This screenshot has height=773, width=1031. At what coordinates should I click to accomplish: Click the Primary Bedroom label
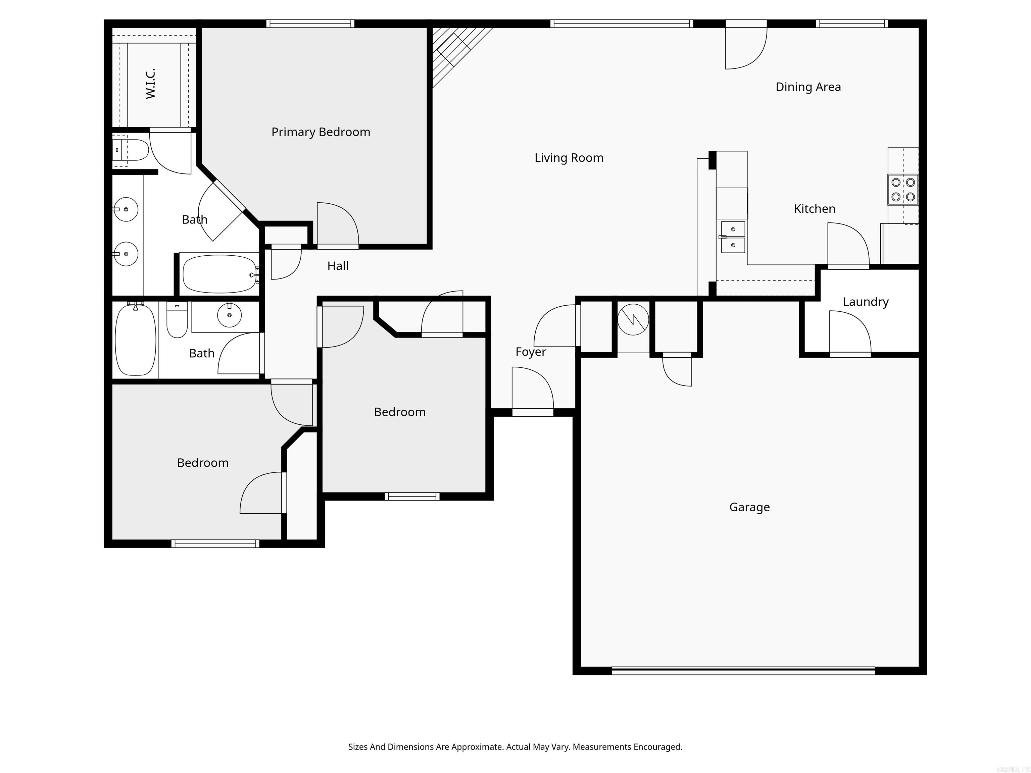coord(321,132)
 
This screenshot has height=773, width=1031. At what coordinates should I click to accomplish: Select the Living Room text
coord(569,158)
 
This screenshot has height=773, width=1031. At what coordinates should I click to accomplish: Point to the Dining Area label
coord(808,87)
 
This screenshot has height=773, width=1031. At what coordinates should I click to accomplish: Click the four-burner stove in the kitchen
coord(903,190)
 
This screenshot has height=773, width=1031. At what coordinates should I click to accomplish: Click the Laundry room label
coord(866,302)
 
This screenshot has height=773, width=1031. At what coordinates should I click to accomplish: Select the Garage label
coord(749,507)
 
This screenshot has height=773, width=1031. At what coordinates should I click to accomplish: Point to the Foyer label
coord(530,352)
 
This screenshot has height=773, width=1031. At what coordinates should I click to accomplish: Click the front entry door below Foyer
coord(532,412)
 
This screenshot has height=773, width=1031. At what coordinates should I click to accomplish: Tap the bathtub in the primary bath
coord(219,274)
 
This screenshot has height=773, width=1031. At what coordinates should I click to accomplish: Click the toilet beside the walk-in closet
coord(132,150)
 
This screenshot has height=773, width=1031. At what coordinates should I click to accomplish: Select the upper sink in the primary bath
coord(126,209)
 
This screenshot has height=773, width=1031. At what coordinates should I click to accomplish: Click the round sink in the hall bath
coord(229,315)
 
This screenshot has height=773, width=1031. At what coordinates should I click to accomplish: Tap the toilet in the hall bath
coord(177,320)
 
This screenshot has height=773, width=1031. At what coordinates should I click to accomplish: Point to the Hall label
coord(338,266)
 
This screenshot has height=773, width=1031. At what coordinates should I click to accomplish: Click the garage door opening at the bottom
coord(743,671)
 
